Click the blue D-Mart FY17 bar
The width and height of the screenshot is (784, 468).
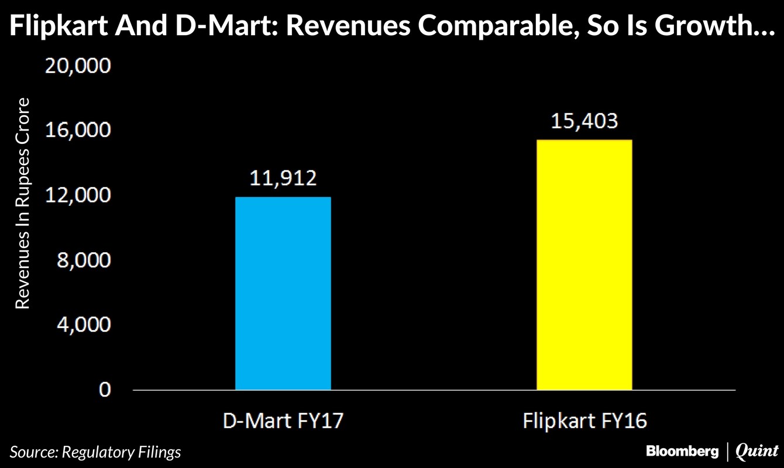(283, 293)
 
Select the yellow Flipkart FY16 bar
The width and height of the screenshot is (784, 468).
(584, 264)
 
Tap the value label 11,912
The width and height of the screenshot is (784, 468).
(283, 177)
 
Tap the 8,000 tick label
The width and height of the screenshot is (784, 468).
(83, 260)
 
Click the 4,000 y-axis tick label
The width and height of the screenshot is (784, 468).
(83, 325)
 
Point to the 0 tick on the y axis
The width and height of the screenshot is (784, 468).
(104, 390)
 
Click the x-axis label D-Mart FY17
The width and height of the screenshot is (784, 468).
(283, 421)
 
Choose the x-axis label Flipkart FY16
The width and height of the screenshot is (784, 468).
(584, 421)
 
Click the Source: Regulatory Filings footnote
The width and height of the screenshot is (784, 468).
(95, 452)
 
